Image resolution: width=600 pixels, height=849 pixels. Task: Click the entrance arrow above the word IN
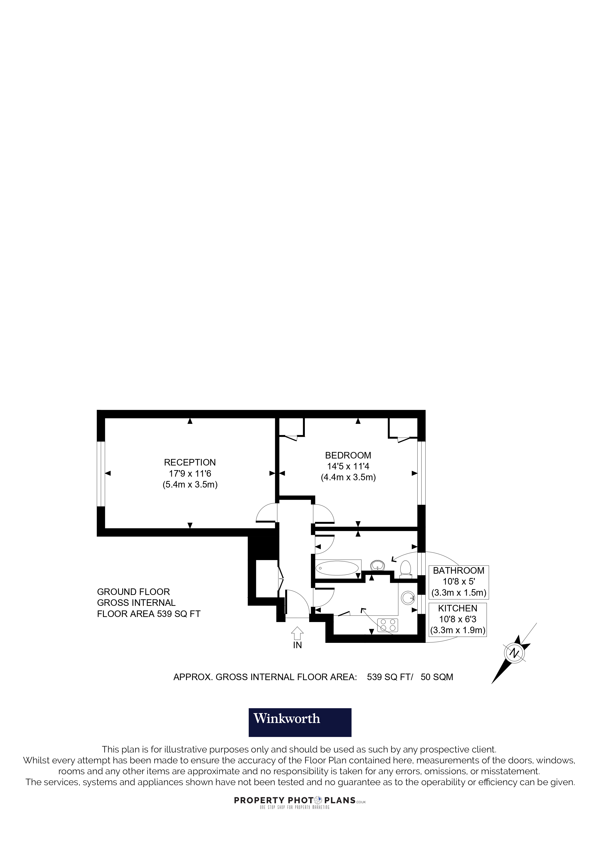[297, 633]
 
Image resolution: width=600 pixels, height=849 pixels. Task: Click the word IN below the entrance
[297, 645]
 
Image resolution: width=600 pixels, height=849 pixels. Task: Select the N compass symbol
[514, 653]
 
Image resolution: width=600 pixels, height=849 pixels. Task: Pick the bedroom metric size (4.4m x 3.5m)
[348, 477]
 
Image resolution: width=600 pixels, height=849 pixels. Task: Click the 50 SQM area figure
[437, 677]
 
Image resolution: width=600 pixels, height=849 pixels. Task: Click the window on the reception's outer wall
[101, 473]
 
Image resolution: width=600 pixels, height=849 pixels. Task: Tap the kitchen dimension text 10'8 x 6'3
[458, 619]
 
